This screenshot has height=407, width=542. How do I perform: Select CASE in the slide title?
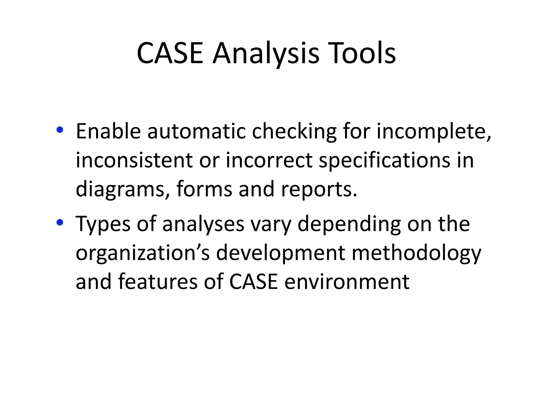[170, 54]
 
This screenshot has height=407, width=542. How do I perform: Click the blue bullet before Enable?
[60, 130]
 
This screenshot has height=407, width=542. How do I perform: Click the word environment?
[347, 281]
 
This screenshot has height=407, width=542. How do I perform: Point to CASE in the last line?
[253, 281]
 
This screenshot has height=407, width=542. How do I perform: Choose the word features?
[158, 281]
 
